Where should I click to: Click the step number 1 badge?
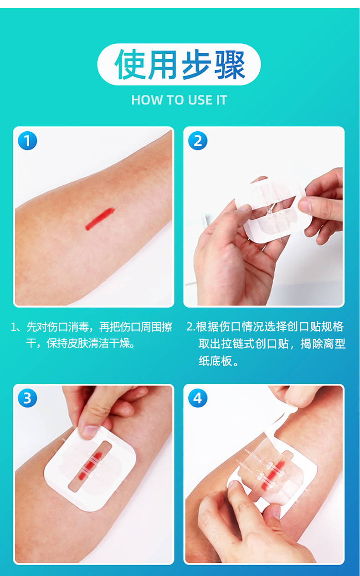point(27,141)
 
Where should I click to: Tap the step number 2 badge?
point(198,141)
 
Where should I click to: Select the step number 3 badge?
point(27,398)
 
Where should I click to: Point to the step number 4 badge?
point(198,398)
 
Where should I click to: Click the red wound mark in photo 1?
point(99,218)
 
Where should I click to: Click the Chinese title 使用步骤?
point(179,65)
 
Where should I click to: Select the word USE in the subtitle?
point(192,100)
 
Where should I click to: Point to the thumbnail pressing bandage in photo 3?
point(89,431)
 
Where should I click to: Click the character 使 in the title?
point(129,65)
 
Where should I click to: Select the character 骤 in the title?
point(229,65)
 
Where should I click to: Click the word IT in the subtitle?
point(221,100)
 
